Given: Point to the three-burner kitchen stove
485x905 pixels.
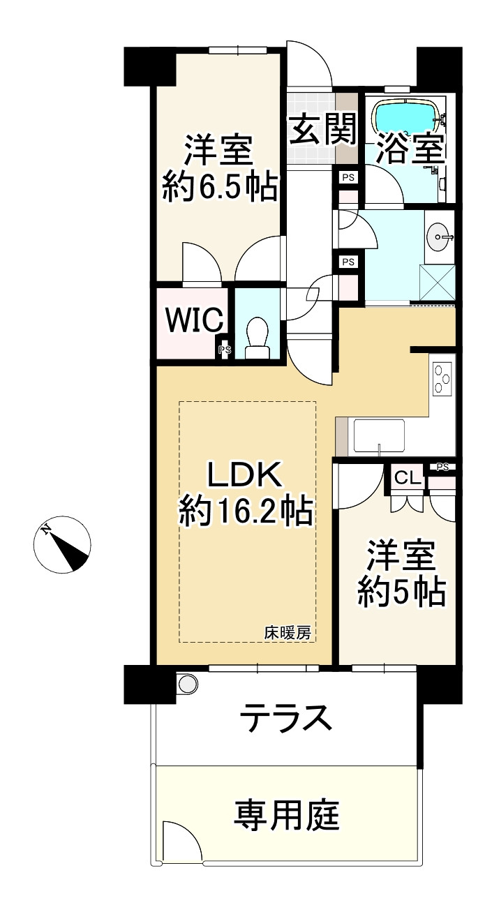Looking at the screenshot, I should (443, 380).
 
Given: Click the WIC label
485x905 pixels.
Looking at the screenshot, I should (195, 320).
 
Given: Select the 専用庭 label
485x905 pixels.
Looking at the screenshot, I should (286, 814).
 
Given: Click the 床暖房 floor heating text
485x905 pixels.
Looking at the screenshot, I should (287, 634).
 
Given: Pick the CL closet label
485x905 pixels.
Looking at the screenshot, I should (408, 478).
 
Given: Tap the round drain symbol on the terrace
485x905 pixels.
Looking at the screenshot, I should (187, 683).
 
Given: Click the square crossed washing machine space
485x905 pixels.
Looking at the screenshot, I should (438, 283).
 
